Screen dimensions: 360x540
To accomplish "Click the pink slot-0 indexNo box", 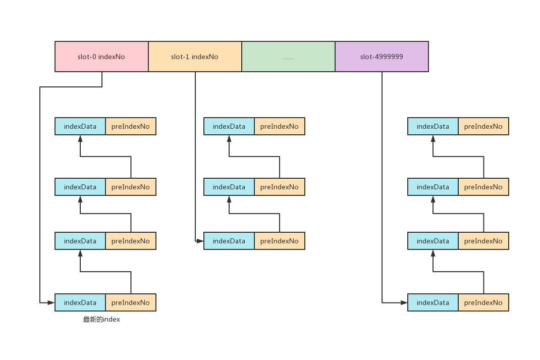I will point(101,57).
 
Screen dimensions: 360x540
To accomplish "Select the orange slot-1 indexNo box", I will point(195,57).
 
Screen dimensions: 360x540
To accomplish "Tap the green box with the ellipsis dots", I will point(288,57).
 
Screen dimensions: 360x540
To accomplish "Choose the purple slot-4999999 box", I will point(382,57).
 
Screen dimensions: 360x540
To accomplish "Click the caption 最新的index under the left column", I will point(101,320).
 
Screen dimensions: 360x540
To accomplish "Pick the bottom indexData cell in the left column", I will point(80,302).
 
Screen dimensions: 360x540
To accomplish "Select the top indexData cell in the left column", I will point(80,126).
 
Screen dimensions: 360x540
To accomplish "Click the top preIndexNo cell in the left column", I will point(131,126).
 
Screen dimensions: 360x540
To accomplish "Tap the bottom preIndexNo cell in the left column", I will point(131,302).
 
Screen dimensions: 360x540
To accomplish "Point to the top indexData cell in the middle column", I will point(229,126).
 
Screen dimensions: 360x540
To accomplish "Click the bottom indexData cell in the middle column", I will point(229,241).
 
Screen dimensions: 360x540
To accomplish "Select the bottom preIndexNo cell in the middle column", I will point(280,241).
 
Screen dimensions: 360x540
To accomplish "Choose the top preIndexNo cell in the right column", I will point(483,126).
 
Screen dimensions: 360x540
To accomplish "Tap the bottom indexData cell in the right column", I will point(433,302).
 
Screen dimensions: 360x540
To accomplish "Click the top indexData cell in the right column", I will point(433,126).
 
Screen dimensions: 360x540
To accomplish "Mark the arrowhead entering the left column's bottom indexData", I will point(51,302).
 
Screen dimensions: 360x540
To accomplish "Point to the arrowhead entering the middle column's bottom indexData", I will point(200,241).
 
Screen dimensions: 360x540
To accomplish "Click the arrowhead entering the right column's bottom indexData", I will point(404,302).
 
